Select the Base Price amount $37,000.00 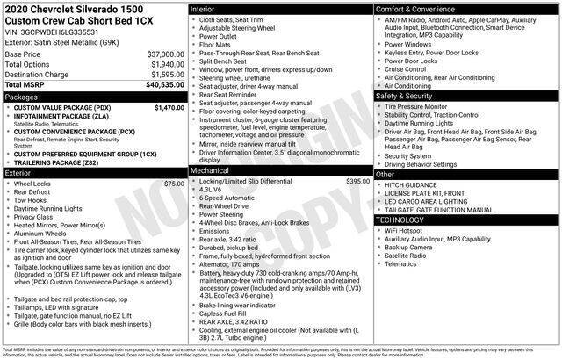[x=160, y=54]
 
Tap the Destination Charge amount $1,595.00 [x=163, y=75]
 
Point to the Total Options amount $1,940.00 [x=163, y=64]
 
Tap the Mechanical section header [x=212, y=169]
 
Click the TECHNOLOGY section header [x=400, y=219]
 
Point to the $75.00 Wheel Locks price [x=174, y=184]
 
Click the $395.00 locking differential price [x=358, y=180]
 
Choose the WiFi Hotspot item [x=407, y=230]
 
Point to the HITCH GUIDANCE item [x=411, y=186]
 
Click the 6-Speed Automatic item [x=230, y=198]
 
